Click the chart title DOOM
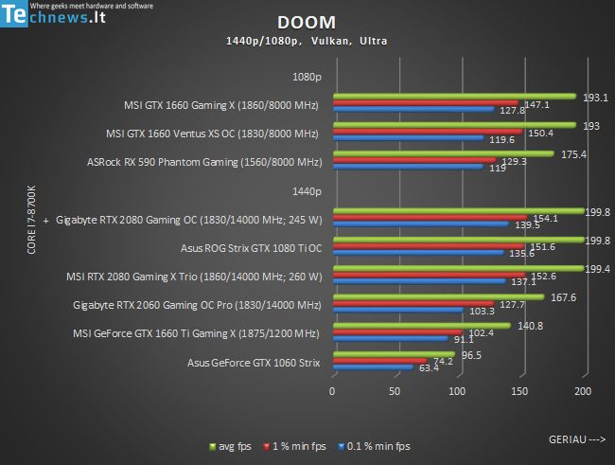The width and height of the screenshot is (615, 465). tap(307, 23)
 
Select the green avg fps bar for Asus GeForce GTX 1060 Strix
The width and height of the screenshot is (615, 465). tap(394, 356)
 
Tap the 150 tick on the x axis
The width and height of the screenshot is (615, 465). tap(520, 391)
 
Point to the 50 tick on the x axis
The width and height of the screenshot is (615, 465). tap(395, 391)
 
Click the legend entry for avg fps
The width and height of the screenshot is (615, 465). tap(237, 445)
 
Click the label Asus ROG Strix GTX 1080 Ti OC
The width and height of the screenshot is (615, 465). tap(251, 249)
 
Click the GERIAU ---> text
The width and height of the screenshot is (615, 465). tap(576, 439)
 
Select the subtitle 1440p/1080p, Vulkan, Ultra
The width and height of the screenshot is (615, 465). tap(307, 41)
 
